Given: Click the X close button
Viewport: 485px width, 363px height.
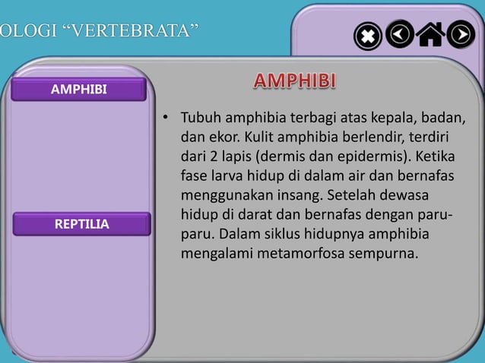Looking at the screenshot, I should point(368,36).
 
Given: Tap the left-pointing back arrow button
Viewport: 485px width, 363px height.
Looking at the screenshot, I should point(400,34).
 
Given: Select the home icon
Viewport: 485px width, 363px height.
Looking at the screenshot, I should point(430,35).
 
